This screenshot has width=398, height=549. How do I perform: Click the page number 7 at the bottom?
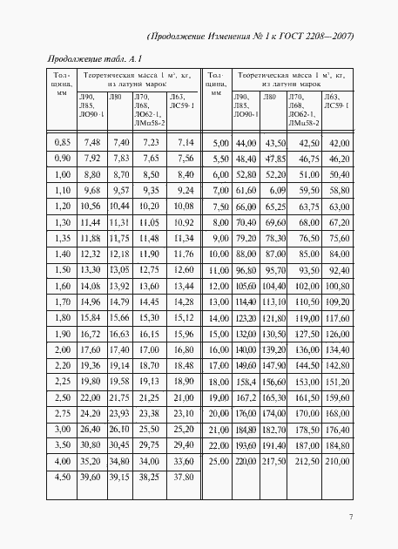(351, 517)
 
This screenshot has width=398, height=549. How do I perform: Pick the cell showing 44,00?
(246, 142)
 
